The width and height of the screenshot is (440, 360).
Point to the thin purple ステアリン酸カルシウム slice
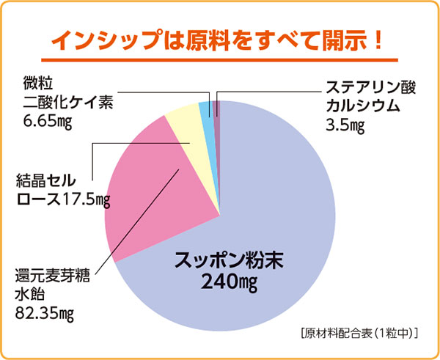point(216,110)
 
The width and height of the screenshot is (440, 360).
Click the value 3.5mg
point(345,123)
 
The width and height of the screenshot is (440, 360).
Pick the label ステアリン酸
point(371,87)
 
